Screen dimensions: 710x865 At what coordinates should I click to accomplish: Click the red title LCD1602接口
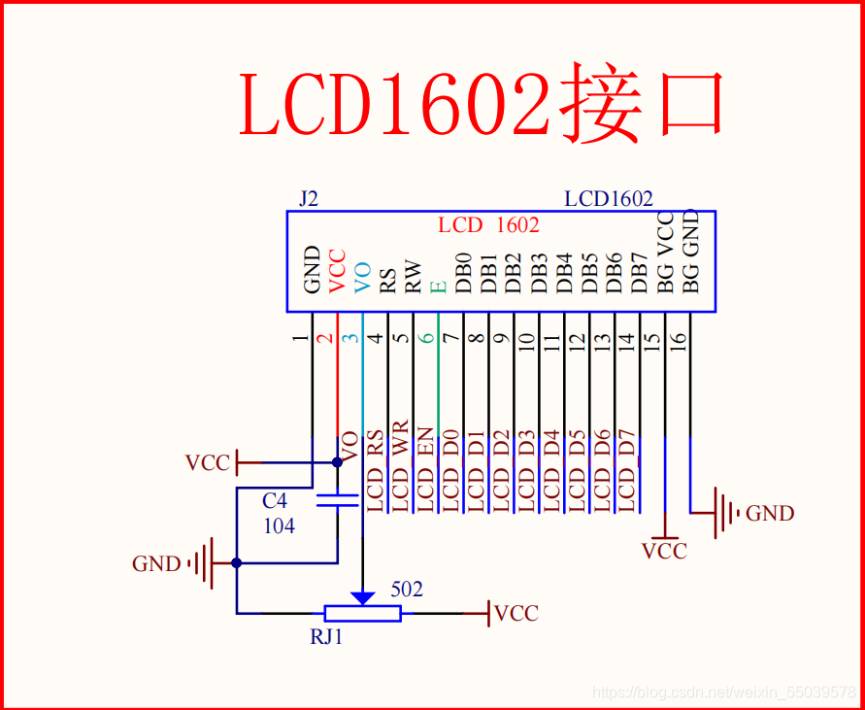[482, 103]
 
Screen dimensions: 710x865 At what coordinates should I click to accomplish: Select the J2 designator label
[308, 199]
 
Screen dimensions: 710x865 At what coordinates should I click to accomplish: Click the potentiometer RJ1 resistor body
[362, 613]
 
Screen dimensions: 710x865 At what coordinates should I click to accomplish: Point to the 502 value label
[407, 589]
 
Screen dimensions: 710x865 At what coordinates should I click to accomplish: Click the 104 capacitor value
[279, 525]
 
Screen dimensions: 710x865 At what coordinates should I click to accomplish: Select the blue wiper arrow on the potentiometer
[362, 596]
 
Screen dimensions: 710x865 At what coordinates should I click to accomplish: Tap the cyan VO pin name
[362, 277]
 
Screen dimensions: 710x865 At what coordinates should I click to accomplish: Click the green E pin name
[438, 286]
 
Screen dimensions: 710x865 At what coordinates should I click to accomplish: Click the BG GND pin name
[690, 251]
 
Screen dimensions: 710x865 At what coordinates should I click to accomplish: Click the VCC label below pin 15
[664, 551]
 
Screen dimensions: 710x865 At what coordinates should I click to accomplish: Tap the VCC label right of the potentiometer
[516, 613]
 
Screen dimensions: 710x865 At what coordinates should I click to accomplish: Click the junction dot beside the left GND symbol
[236, 562]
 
